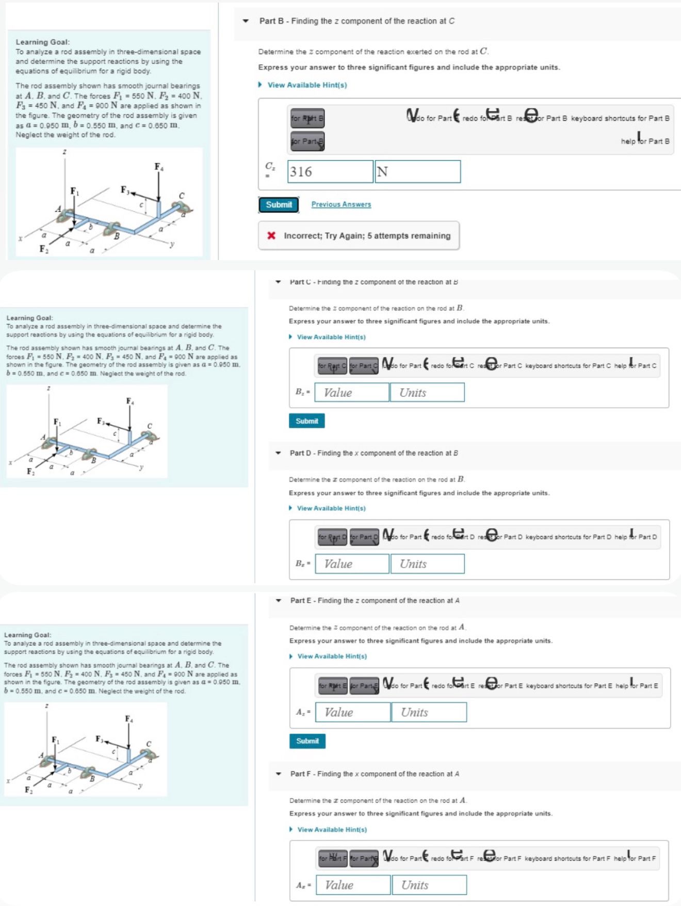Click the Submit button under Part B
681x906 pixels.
279,205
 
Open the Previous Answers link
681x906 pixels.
341,204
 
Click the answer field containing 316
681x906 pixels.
330,172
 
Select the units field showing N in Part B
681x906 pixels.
417,172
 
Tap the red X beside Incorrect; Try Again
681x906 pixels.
271,236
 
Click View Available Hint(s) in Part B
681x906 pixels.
306,85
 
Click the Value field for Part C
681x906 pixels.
352,393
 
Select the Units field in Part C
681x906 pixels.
427,393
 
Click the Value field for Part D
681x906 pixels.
352,564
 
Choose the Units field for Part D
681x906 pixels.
427,564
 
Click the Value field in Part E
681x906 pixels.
353,713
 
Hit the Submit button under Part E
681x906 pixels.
307,741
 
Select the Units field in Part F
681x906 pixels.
429,885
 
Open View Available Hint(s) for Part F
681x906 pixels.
332,830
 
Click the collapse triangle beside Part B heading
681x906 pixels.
246,21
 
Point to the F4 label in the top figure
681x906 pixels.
159,167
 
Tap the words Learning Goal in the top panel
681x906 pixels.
43,42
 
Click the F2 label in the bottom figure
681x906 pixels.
28,790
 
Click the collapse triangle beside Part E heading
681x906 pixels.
279,601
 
